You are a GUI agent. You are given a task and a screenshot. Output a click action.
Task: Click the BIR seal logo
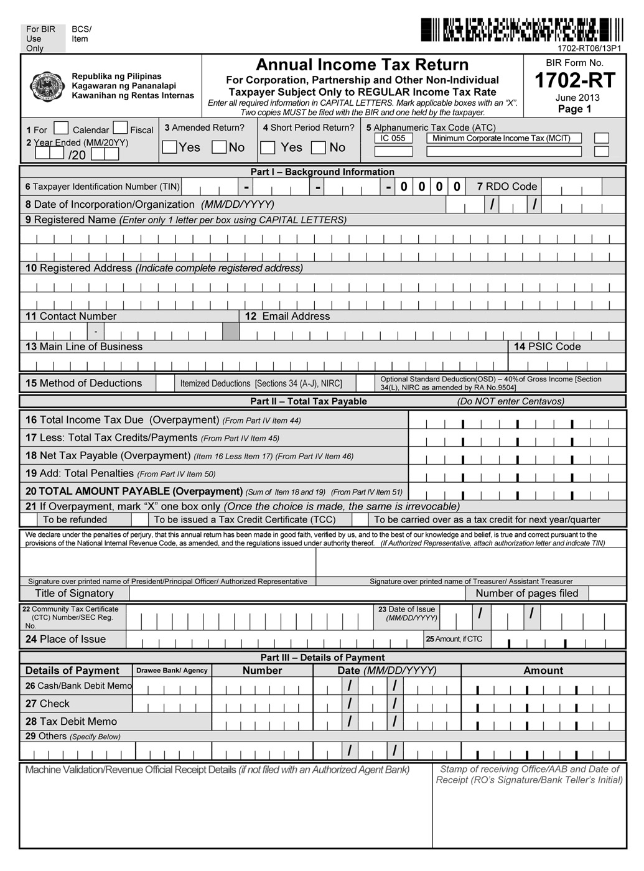(x=48, y=86)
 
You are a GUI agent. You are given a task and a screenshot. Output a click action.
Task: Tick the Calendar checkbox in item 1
(x=61, y=128)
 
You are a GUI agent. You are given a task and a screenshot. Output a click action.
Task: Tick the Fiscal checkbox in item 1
(x=120, y=128)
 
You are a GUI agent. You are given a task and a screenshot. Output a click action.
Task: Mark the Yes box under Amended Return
(x=169, y=147)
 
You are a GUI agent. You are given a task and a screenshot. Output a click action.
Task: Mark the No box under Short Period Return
(x=319, y=147)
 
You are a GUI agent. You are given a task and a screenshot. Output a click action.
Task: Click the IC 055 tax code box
(x=393, y=138)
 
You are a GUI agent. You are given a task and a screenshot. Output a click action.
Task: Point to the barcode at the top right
(x=521, y=30)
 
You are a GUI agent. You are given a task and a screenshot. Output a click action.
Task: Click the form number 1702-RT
(x=574, y=80)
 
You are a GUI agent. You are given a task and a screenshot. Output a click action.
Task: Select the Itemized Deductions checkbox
(x=165, y=383)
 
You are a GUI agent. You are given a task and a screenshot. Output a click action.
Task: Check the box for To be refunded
(x=29, y=519)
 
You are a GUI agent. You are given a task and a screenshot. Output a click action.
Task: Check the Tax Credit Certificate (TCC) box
(x=140, y=519)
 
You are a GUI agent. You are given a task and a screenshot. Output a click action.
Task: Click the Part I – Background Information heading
(x=322, y=172)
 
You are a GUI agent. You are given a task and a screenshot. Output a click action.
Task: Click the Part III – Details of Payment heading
(x=322, y=658)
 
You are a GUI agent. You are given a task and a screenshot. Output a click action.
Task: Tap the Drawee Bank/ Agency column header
(x=172, y=671)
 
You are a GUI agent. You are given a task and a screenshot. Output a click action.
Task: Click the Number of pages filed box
(x=607, y=594)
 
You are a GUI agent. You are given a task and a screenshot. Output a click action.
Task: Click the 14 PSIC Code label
(x=547, y=347)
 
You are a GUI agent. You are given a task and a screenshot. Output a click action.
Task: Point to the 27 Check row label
(x=48, y=704)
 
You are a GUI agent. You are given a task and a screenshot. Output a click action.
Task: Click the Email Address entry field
(x=432, y=332)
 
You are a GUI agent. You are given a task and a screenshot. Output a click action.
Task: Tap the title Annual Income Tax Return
(x=362, y=65)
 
